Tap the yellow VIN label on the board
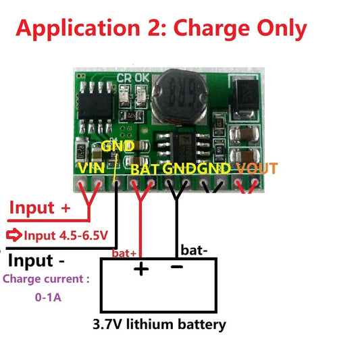pyautogui.click(x=91, y=168)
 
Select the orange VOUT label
pyautogui.click(x=257, y=168)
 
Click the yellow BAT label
pyautogui.click(x=145, y=169)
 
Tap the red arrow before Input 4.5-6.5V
pyautogui.click(x=14, y=236)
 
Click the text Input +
pyautogui.click(x=39, y=207)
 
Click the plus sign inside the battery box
pyautogui.click(x=140, y=269)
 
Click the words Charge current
pyautogui.click(x=46, y=279)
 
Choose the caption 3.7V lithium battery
pyautogui.click(x=159, y=325)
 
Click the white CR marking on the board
pyautogui.click(x=124, y=78)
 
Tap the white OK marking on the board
pyautogui.click(x=141, y=78)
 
